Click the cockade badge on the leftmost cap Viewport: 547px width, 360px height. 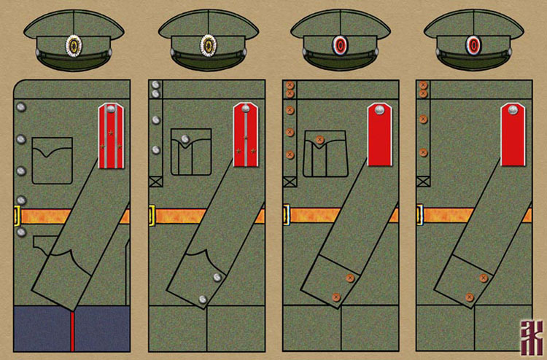[74, 45]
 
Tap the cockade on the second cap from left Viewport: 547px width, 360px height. [208, 45]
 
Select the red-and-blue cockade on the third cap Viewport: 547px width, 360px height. [341, 45]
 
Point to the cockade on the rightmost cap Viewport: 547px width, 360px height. [473, 45]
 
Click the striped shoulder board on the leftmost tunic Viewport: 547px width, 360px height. [110, 135]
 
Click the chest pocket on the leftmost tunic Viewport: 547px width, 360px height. [53, 160]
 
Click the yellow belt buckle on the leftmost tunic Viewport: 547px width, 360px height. [18, 216]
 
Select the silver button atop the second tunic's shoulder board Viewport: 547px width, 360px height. [246, 110]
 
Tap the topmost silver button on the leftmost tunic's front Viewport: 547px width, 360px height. [20, 108]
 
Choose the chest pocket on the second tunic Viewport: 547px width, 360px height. [190, 152]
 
